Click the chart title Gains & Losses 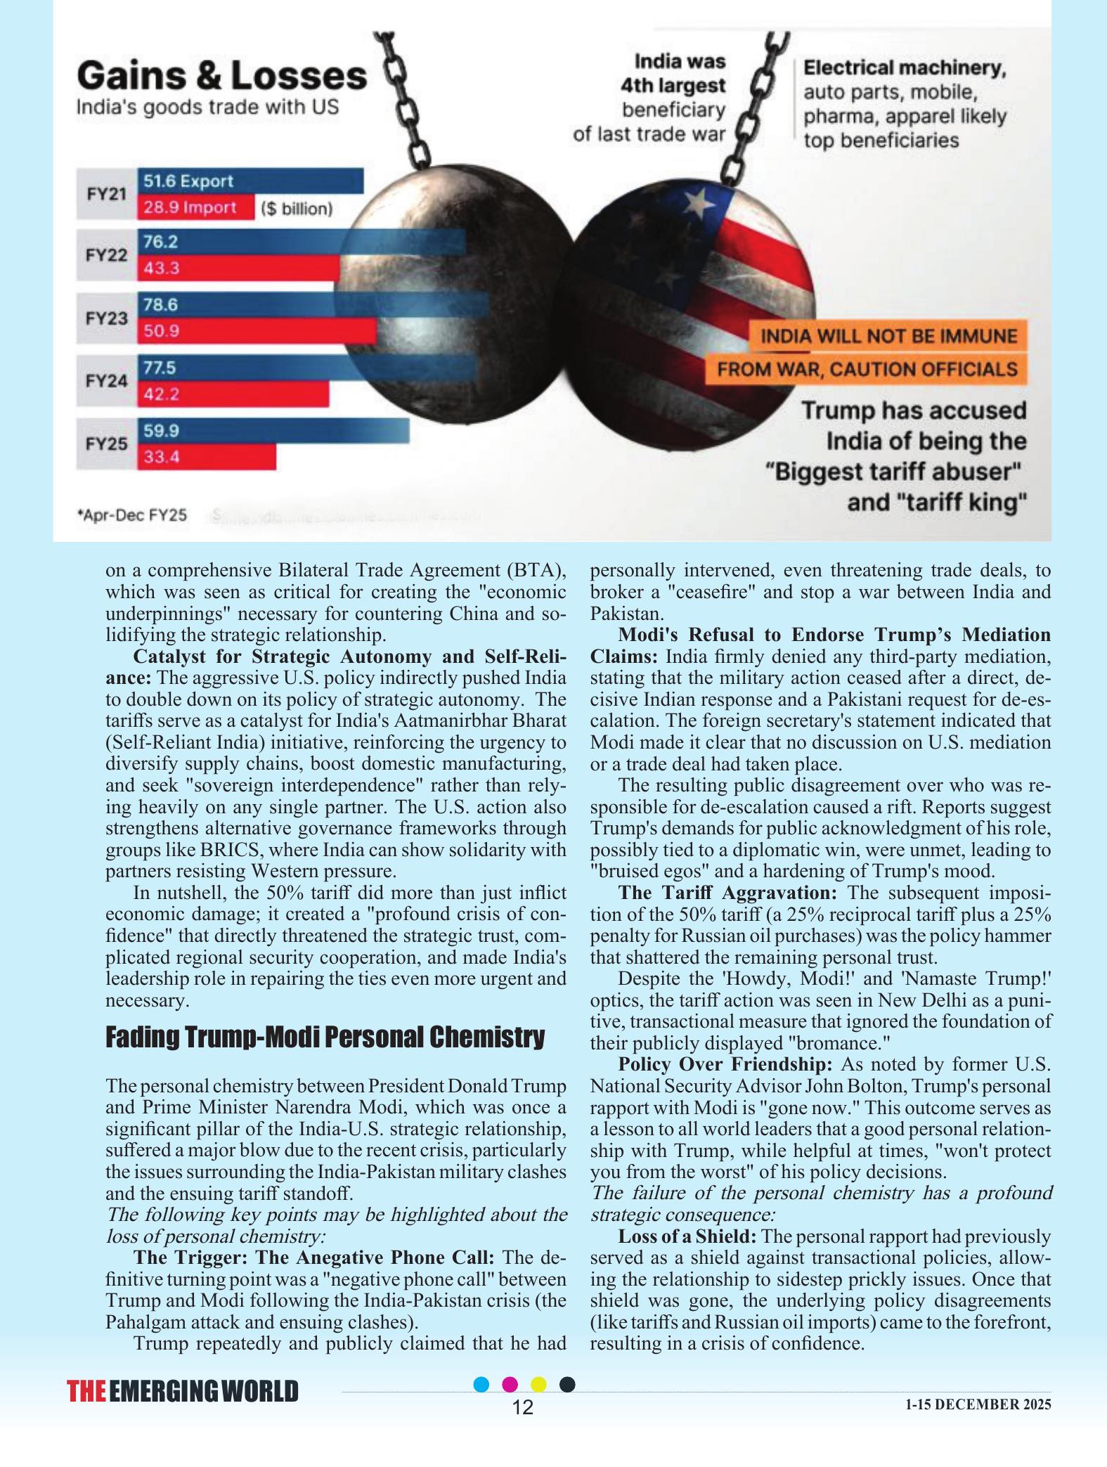(221, 76)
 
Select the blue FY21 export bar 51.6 (250, 181)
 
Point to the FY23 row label (107, 318)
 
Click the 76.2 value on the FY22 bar (161, 243)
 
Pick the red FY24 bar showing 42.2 (233, 394)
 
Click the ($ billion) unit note (296, 209)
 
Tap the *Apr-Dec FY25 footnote (132, 515)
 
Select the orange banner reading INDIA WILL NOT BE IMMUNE (888, 336)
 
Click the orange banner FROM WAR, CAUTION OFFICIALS (867, 369)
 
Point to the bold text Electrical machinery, (905, 68)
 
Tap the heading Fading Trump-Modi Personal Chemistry (325, 1037)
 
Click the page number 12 (523, 1407)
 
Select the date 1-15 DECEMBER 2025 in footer (978, 1404)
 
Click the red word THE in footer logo (87, 1392)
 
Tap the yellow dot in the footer (538, 1384)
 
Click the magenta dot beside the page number (510, 1384)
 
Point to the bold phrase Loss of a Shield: (687, 1236)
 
